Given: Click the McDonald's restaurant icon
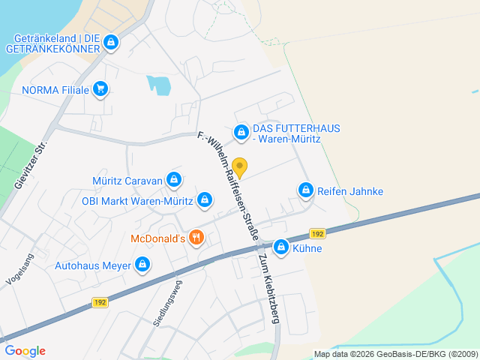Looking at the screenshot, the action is [196, 238].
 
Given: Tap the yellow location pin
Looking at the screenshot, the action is [239, 167].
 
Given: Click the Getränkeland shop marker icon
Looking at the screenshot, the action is [111, 42].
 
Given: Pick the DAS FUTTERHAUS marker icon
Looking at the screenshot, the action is [241, 133].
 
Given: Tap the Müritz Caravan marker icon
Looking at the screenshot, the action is [174, 179].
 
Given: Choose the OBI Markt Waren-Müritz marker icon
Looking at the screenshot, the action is [205, 200].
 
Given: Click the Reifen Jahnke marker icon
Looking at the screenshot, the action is [306, 191].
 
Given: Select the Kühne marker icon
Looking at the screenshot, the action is [281, 247].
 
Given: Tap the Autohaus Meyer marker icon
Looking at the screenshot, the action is [142, 265].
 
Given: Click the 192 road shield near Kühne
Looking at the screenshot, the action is [317, 233].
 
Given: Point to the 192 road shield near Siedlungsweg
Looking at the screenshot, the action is [100, 301].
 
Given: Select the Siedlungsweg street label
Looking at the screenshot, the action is [167, 303].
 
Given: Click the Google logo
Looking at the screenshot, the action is [25, 350].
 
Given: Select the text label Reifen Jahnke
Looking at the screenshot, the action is [350, 191].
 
